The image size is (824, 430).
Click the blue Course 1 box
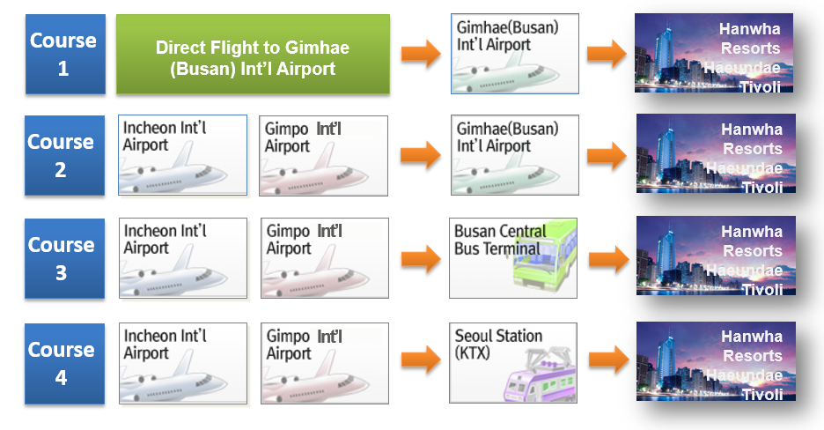[65, 54]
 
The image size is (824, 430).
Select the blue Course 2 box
[64, 156]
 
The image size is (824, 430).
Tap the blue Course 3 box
[64, 259]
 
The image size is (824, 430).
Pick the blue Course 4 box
[64, 364]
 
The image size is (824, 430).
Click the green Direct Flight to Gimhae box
[253, 54]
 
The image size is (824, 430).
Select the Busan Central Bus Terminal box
[513, 258]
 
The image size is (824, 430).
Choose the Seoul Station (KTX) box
[513, 363]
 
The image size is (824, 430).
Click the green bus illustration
[544, 256]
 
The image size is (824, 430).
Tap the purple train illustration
[541, 375]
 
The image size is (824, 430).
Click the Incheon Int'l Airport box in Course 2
[182, 155]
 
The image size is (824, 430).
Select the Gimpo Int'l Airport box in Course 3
[325, 258]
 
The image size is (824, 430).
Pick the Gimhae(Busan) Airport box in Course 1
[515, 54]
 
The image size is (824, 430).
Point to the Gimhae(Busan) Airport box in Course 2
[515, 155]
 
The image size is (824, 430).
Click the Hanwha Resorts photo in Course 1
[714, 53]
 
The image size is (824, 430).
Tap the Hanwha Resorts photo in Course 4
[716, 361]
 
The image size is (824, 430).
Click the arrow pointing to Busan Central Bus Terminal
[421, 259]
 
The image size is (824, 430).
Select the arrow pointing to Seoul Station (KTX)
[421, 360]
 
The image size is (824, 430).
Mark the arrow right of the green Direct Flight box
[421, 54]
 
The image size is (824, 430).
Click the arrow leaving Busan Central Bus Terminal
[608, 259]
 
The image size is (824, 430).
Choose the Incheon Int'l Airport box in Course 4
[183, 363]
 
